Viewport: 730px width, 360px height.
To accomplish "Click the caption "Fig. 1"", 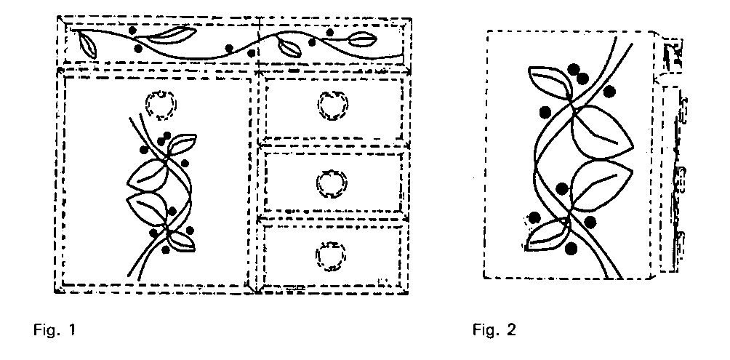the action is click(54, 330).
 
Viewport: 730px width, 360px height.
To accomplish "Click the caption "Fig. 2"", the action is click(494, 330).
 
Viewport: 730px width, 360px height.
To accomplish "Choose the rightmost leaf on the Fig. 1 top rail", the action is click(362, 39).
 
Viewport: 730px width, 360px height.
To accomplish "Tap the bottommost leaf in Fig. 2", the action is click(547, 236).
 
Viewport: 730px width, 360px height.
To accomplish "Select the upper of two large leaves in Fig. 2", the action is click(601, 133).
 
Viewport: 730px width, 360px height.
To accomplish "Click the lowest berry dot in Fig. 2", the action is click(571, 249).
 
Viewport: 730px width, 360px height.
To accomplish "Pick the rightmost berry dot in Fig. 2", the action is click(609, 92).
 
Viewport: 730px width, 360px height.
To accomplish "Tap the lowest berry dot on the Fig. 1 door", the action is click(166, 249).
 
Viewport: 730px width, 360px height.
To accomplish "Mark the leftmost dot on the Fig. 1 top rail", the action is click(132, 31).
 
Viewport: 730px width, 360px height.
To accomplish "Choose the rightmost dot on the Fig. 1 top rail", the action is click(329, 32).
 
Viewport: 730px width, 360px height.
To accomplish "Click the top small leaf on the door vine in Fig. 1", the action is click(180, 145).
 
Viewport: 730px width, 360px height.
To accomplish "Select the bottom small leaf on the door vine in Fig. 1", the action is click(180, 240).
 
